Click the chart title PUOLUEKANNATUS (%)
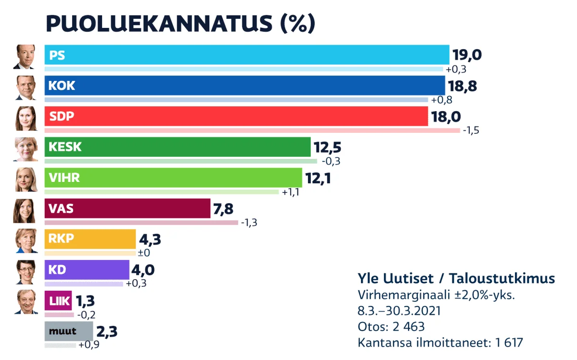pyautogui.click(x=180, y=23)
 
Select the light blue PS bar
pyautogui.click(x=246, y=55)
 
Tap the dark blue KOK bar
pyautogui.click(x=244, y=85)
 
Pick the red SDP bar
pyautogui.click(x=236, y=116)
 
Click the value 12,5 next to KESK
pyautogui.click(x=327, y=147)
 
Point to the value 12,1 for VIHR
pyautogui.click(x=318, y=179)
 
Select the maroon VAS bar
pyautogui.click(x=127, y=209)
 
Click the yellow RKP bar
pyautogui.click(x=90, y=239)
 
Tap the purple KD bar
pyautogui.click(x=87, y=270)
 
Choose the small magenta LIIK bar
pyautogui.click(x=58, y=301)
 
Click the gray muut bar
pyautogui.click(x=68, y=331)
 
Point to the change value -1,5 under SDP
pyautogui.click(x=471, y=130)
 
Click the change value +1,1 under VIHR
pyautogui.click(x=291, y=192)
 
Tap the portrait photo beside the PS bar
pyautogui.click(x=26, y=57)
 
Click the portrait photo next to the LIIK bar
pyautogui.click(x=26, y=302)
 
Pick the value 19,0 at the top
pyautogui.click(x=466, y=55)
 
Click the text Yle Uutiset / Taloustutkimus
pyautogui.click(x=456, y=278)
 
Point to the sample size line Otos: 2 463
pyautogui.click(x=391, y=327)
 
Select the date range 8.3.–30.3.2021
pyautogui.click(x=399, y=311)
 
